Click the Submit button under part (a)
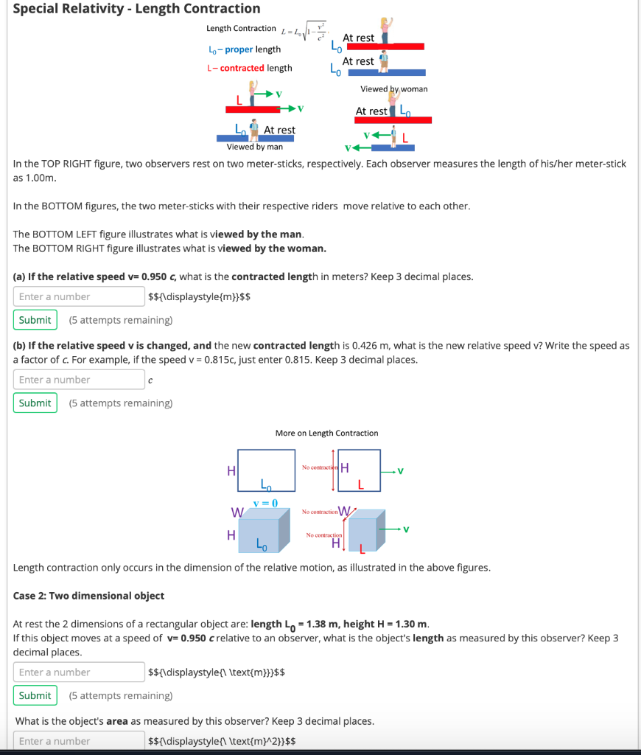[35, 320]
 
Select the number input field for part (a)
[79, 296]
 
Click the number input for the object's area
[79, 741]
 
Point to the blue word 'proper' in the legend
[239, 49]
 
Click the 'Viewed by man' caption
[255, 147]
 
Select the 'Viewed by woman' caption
[393, 89]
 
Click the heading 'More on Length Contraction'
[326, 433]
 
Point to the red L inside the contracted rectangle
[361, 484]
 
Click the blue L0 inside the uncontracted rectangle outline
[265, 484]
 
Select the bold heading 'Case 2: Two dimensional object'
[89, 596]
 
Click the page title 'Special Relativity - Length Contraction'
[137, 9]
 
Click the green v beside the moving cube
[405, 529]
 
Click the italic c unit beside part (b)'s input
[150, 380]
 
